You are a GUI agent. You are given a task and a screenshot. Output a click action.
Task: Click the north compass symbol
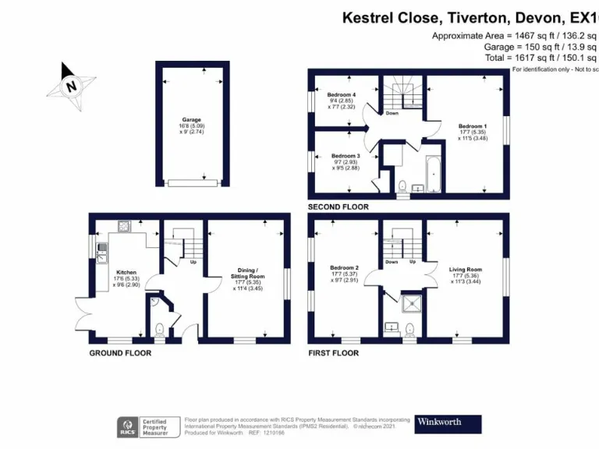tap(73, 85)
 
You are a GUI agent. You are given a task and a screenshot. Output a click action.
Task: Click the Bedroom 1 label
tap(472, 126)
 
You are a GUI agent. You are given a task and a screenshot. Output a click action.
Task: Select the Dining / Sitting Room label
tap(250, 276)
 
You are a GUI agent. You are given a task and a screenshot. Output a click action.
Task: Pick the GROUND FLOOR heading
tap(119, 353)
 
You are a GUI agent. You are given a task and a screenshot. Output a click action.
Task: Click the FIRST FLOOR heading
tap(334, 353)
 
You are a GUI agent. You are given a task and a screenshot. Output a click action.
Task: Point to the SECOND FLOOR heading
tap(338, 207)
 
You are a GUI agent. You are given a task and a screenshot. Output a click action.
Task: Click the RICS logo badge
tap(127, 426)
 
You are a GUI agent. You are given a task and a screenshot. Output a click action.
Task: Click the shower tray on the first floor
tap(409, 301)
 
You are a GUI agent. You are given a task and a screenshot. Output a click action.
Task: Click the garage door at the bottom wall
tap(191, 183)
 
